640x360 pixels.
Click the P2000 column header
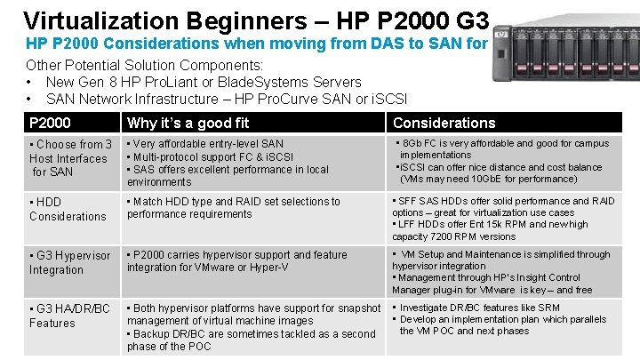tap(50, 123)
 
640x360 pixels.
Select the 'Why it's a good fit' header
tap(188, 123)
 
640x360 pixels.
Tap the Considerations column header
tap(444, 123)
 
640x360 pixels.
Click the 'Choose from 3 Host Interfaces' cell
tap(70, 157)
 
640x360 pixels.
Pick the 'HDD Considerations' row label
tap(68, 209)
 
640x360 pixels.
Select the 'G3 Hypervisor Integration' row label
tap(70, 262)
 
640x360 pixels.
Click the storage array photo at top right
tap(564, 36)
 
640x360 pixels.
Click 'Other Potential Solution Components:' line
tap(144, 65)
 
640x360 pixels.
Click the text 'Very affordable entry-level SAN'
tap(209, 143)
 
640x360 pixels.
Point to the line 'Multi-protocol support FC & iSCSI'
tap(214, 156)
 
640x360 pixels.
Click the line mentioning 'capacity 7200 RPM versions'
tap(453, 236)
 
